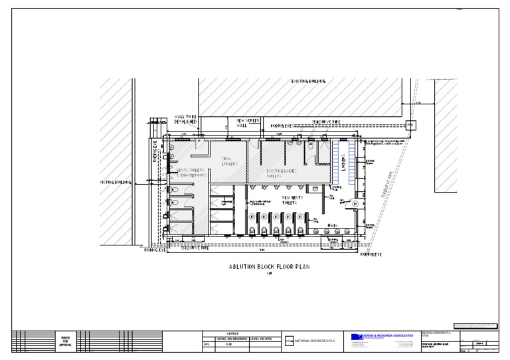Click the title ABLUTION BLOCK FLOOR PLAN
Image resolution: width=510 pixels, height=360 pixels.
[270, 267]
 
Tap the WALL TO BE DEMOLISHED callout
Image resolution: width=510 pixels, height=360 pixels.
[185, 120]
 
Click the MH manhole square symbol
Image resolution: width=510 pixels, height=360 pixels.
[410, 125]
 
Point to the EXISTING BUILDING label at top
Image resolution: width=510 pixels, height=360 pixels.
[309, 82]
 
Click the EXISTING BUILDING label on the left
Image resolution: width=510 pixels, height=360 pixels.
[115, 181]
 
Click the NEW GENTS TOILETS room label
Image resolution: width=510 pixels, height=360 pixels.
[293, 200]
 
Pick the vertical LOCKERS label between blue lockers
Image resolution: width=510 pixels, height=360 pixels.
[343, 163]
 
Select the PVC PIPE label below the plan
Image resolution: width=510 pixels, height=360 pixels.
[195, 247]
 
